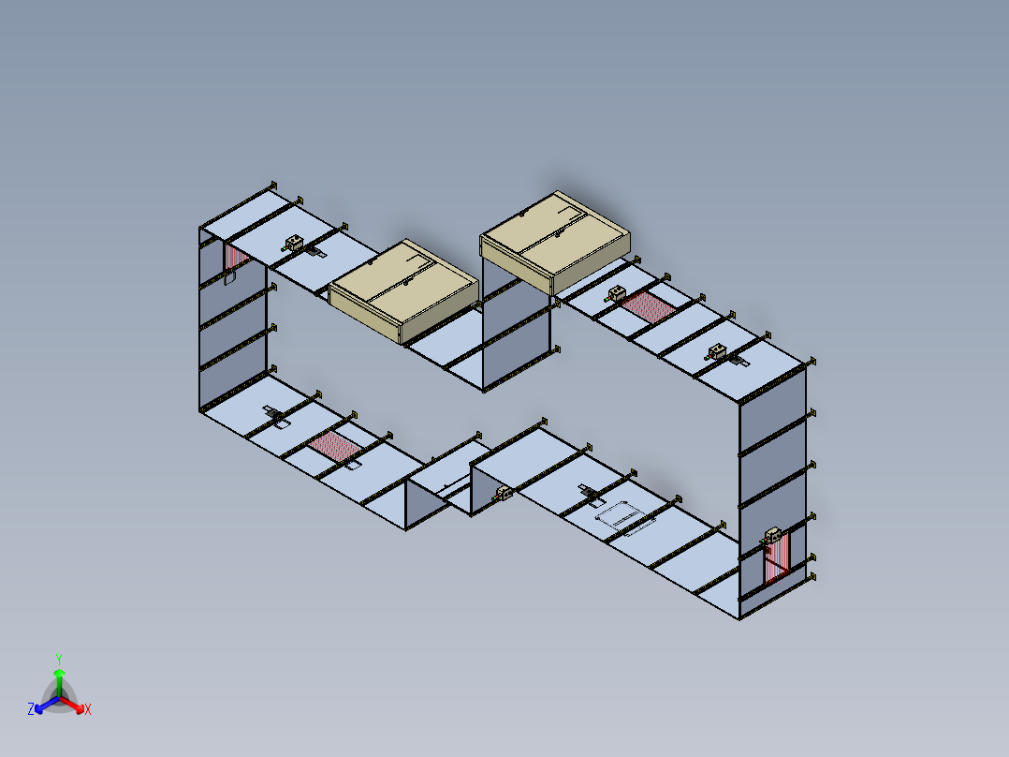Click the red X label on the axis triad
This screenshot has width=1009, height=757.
coord(88,709)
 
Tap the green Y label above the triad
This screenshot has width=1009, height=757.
coord(59,659)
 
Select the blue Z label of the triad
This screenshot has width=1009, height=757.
coord(31,708)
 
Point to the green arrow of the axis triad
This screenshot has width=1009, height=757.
coord(59,682)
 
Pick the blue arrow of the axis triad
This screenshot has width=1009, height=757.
coord(47,705)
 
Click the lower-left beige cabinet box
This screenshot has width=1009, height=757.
coord(404,291)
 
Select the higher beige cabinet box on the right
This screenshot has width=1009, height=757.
coord(555,242)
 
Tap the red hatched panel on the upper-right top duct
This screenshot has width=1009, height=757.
coord(649,306)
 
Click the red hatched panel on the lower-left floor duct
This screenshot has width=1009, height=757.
coord(334,446)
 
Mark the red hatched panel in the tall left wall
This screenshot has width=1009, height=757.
coord(236,258)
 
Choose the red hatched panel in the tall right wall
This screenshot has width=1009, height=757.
coord(777,559)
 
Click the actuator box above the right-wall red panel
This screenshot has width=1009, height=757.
coord(773,535)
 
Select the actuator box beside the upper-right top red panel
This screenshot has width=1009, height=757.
coord(617,294)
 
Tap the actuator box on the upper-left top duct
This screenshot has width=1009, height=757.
coord(294,243)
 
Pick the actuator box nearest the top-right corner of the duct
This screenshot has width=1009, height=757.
coord(717,351)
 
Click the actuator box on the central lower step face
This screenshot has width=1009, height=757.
coord(504,494)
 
